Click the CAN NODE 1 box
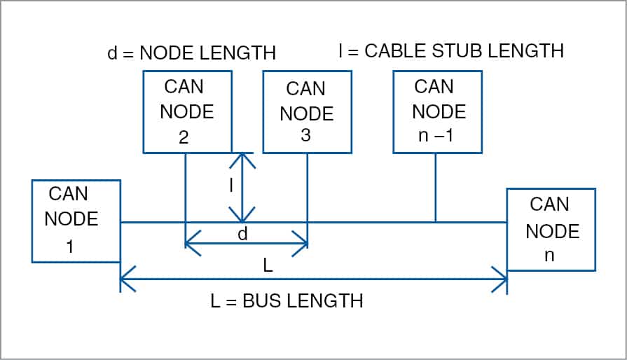(x=76, y=221)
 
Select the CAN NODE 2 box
(x=187, y=112)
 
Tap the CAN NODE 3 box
(x=306, y=112)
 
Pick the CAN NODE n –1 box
(x=437, y=112)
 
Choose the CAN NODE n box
(x=551, y=229)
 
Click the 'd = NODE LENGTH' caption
(x=191, y=53)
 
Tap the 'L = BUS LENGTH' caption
(x=287, y=301)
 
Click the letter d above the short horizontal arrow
(x=242, y=234)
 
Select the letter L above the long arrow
(x=268, y=266)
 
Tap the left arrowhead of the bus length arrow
(x=125, y=281)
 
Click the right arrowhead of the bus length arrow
(x=503, y=281)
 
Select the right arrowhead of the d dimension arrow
(x=304, y=245)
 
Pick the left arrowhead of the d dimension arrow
(x=189, y=245)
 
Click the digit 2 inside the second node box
(x=184, y=137)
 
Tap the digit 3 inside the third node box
(x=305, y=136)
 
